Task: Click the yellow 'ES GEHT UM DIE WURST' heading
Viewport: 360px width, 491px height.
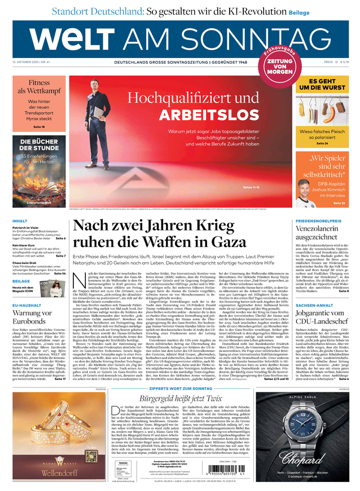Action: pyautogui.click(x=322, y=85)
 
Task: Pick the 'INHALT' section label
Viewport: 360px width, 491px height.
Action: pyautogui.click(x=21, y=221)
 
